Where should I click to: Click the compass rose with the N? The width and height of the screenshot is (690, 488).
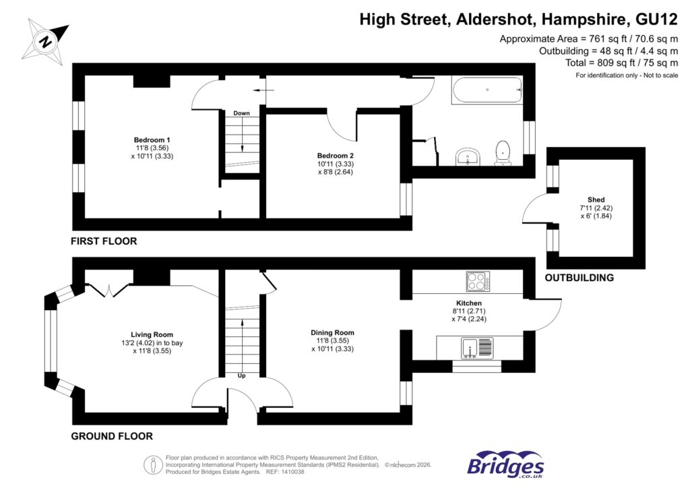[x=45, y=40]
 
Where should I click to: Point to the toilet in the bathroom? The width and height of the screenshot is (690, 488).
[x=503, y=152]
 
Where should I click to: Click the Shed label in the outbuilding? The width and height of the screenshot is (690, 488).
[x=596, y=200]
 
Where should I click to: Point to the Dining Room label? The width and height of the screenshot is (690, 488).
[x=332, y=332]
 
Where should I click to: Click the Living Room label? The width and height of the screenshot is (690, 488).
[x=152, y=334]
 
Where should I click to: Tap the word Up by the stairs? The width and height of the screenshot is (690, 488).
[x=241, y=375]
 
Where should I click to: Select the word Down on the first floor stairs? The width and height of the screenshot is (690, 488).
[x=241, y=113]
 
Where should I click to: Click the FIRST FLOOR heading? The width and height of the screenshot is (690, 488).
[x=104, y=241]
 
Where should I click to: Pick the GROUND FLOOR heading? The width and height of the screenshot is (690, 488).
[x=112, y=436]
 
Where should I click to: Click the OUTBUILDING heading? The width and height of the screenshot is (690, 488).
[x=579, y=278]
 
